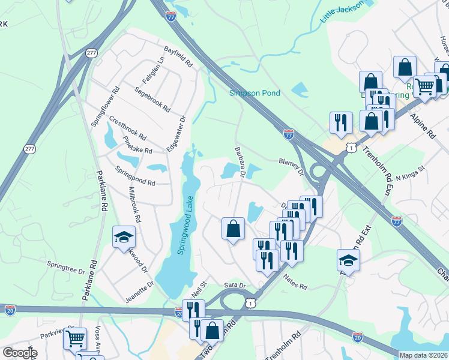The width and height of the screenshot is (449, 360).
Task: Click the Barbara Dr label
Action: click(240, 162)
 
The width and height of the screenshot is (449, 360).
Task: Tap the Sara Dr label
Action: click(235, 286)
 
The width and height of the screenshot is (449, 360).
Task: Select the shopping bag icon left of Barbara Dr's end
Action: click(233, 229)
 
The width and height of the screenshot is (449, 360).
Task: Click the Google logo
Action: click(20, 353)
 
